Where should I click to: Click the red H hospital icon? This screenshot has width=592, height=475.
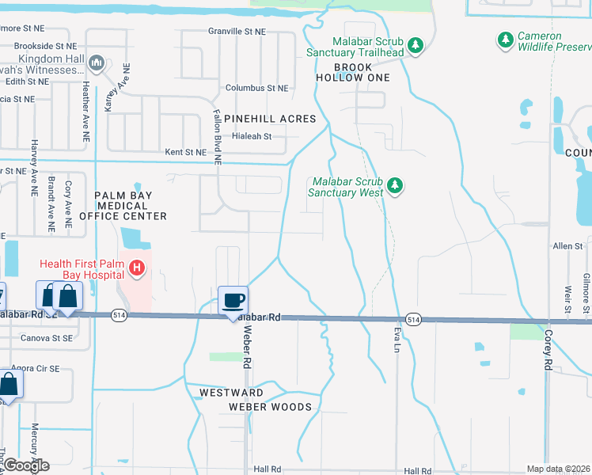tap(138, 269)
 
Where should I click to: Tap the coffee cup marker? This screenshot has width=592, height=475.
tap(233, 301)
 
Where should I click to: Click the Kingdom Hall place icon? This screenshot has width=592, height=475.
tap(97, 62)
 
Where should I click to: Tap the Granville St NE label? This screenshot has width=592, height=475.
tap(237, 31)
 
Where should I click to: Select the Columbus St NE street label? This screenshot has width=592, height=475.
tap(256, 88)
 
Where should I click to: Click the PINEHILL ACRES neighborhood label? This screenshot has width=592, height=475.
tap(270, 119)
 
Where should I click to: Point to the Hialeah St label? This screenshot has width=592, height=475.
tap(252, 136)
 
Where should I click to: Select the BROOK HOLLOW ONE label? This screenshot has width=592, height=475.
tap(353, 72)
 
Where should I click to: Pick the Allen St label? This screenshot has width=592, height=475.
tap(567, 247)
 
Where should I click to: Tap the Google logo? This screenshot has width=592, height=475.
tap(26, 465)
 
